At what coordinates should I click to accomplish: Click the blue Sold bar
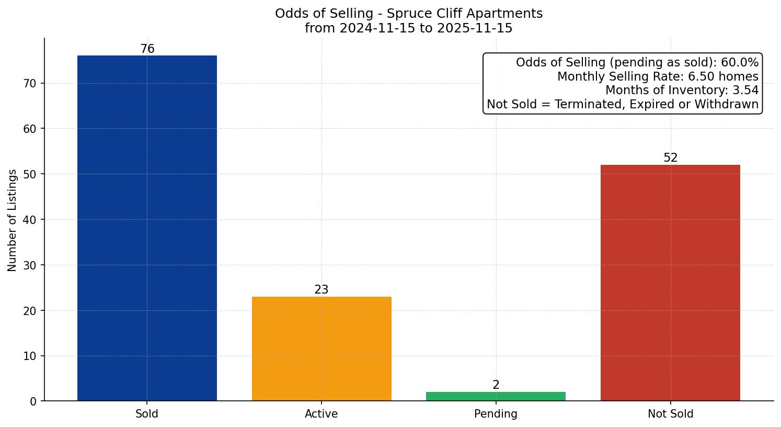coord(147,228)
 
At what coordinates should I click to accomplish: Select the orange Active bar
coord(321,349)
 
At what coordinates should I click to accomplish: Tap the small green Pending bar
coord(496,397)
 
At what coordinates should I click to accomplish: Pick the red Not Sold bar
coord(670,283)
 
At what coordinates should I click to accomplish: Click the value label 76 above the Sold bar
coord(147,49)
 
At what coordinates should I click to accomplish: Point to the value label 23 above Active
coord(321,290)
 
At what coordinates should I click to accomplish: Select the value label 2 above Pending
coord(496,385)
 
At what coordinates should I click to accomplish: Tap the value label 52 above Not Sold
coord(670,158)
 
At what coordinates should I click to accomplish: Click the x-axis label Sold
coord(147,414)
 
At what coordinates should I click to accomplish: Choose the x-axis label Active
coord(321,414)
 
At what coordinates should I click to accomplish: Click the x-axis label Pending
coord(496,414)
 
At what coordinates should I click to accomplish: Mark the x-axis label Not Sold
coord(670,414)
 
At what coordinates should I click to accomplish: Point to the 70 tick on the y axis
coord(30,83)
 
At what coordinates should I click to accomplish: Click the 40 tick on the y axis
coord(30,220)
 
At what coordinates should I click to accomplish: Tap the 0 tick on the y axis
coord(33,401)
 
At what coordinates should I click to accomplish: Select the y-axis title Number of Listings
coord(13,220)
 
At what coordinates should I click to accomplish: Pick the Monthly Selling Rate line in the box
coord(658,76)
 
